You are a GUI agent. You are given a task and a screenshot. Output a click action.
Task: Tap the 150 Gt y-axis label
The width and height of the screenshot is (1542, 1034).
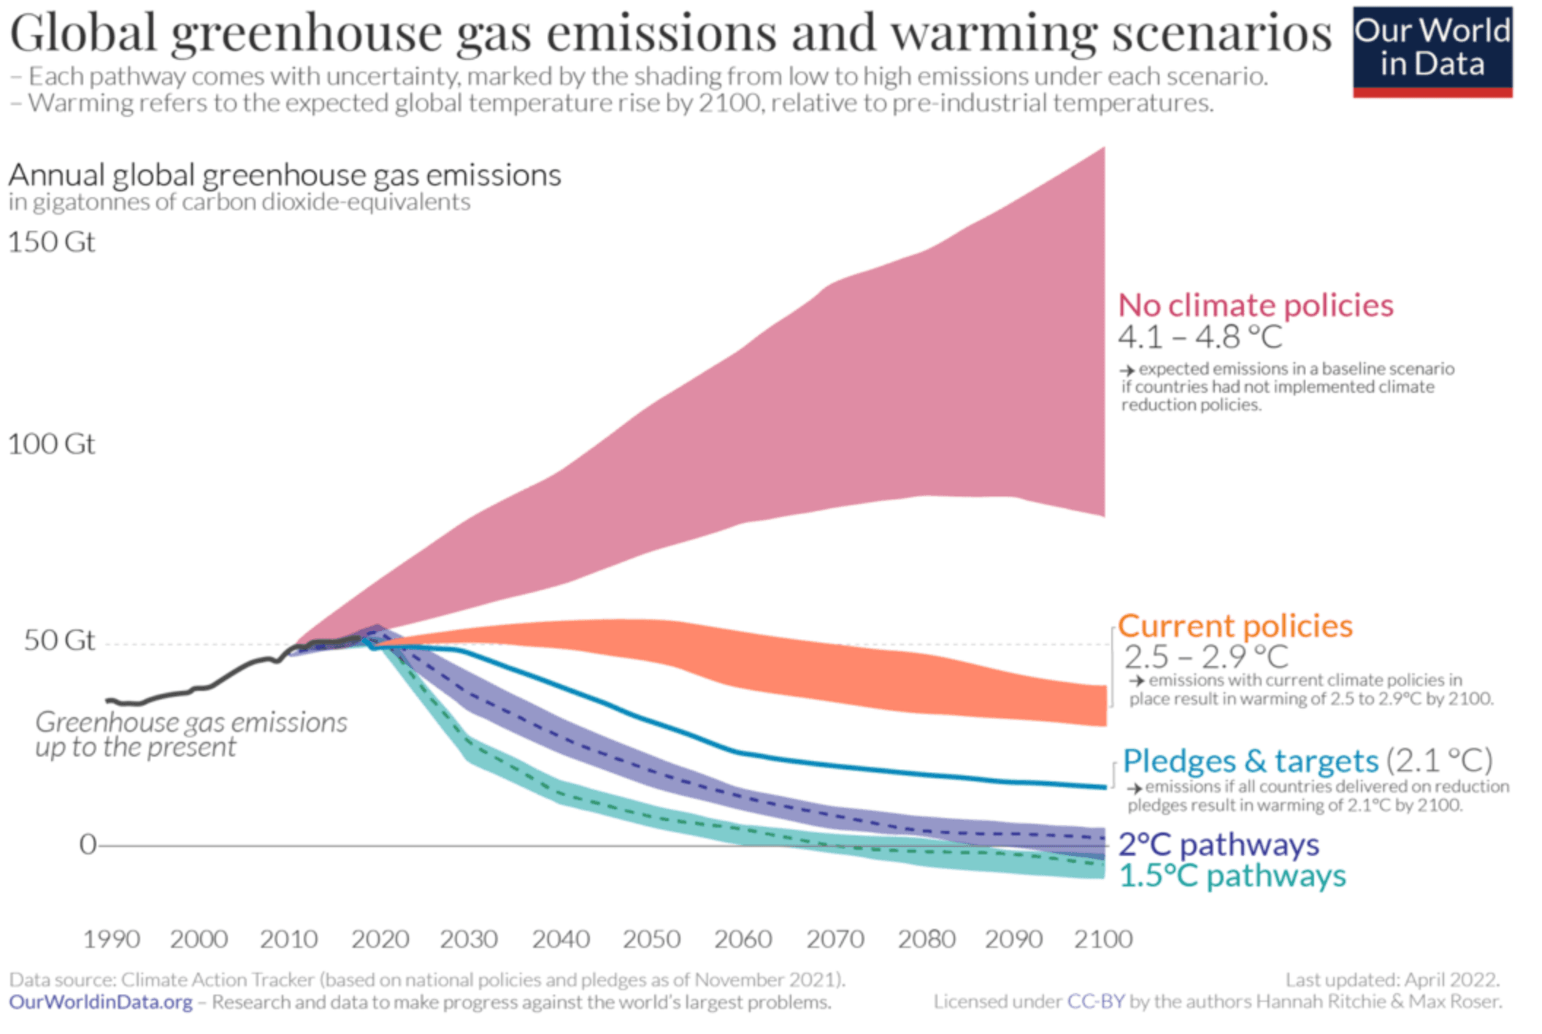(x=51, y=242)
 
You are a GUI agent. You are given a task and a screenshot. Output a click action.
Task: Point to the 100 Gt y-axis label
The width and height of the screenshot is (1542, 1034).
(x=51, y=444)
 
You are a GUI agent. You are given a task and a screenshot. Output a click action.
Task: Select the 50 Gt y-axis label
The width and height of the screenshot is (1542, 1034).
(x=59, y=640)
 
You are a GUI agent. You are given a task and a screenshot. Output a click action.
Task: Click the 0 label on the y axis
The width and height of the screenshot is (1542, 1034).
(x=88, y=844)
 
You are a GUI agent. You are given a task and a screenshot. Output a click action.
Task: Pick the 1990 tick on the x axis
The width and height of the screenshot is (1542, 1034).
(x=111, y=939)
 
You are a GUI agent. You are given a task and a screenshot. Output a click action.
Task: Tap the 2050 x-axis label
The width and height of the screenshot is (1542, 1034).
(x=651, y=939)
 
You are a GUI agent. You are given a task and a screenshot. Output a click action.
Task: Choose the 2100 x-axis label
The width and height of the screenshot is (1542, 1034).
(x=1102, y=939)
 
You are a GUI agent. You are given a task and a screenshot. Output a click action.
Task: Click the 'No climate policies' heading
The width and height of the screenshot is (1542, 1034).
(x=1256, y=305)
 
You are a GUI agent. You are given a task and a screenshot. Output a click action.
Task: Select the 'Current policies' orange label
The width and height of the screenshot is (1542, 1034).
(x=1235, y=626)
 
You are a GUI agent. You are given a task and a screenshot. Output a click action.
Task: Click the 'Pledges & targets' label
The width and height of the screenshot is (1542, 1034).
(x=1250, y=761)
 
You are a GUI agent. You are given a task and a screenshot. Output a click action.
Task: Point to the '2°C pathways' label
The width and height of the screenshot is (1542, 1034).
(x=1219, y=845)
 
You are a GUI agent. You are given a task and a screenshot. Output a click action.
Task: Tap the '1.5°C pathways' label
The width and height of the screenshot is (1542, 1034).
(x=1232, y=876)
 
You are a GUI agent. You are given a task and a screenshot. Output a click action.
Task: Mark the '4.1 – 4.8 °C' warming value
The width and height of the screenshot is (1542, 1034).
(x=1200, y=337)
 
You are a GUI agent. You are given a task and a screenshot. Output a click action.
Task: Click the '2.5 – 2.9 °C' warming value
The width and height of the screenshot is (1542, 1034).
(x=1205, y=657)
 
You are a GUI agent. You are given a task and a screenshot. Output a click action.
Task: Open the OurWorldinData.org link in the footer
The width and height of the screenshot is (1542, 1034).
(x=101, y=1003)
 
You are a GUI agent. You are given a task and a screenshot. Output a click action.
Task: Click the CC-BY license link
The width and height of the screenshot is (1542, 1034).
(x=1095, y=1002)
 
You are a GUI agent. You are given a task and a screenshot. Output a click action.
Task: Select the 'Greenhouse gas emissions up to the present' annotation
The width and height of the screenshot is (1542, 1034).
(x=191, y=735)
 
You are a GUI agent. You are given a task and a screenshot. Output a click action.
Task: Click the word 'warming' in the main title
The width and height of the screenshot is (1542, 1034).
(x=994, y=33)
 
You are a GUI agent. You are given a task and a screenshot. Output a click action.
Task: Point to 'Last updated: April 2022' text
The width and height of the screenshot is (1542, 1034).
(x=1392, y=980)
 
